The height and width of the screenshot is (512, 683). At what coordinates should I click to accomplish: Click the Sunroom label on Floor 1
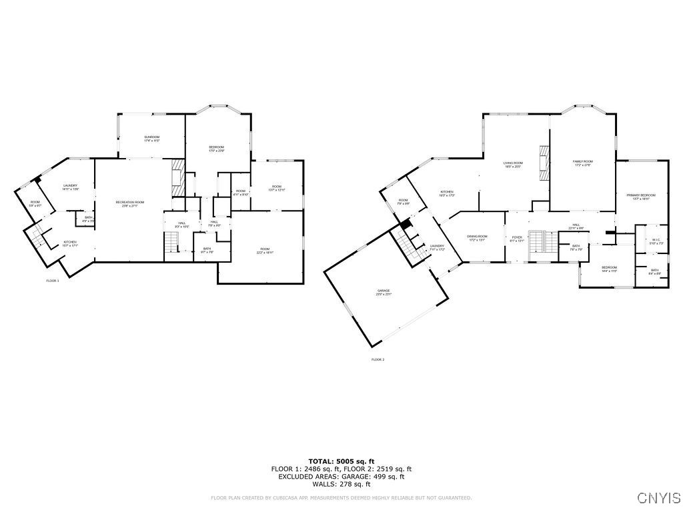151,138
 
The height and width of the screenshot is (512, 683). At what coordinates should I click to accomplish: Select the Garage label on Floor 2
383,292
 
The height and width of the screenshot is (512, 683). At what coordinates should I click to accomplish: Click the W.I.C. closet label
656,241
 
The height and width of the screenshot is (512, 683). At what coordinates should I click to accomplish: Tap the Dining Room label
477,238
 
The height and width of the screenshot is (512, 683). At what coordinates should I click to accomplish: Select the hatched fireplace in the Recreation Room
177,177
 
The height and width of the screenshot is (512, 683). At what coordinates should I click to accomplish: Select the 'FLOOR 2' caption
378,359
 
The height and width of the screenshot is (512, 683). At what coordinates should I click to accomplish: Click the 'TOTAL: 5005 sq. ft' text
341,461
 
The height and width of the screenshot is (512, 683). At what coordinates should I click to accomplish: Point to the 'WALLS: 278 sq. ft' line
341,484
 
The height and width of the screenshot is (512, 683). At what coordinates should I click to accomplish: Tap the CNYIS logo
658,498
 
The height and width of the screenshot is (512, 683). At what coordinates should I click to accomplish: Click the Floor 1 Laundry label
71,187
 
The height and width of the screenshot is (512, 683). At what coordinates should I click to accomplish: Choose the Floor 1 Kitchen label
70,243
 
